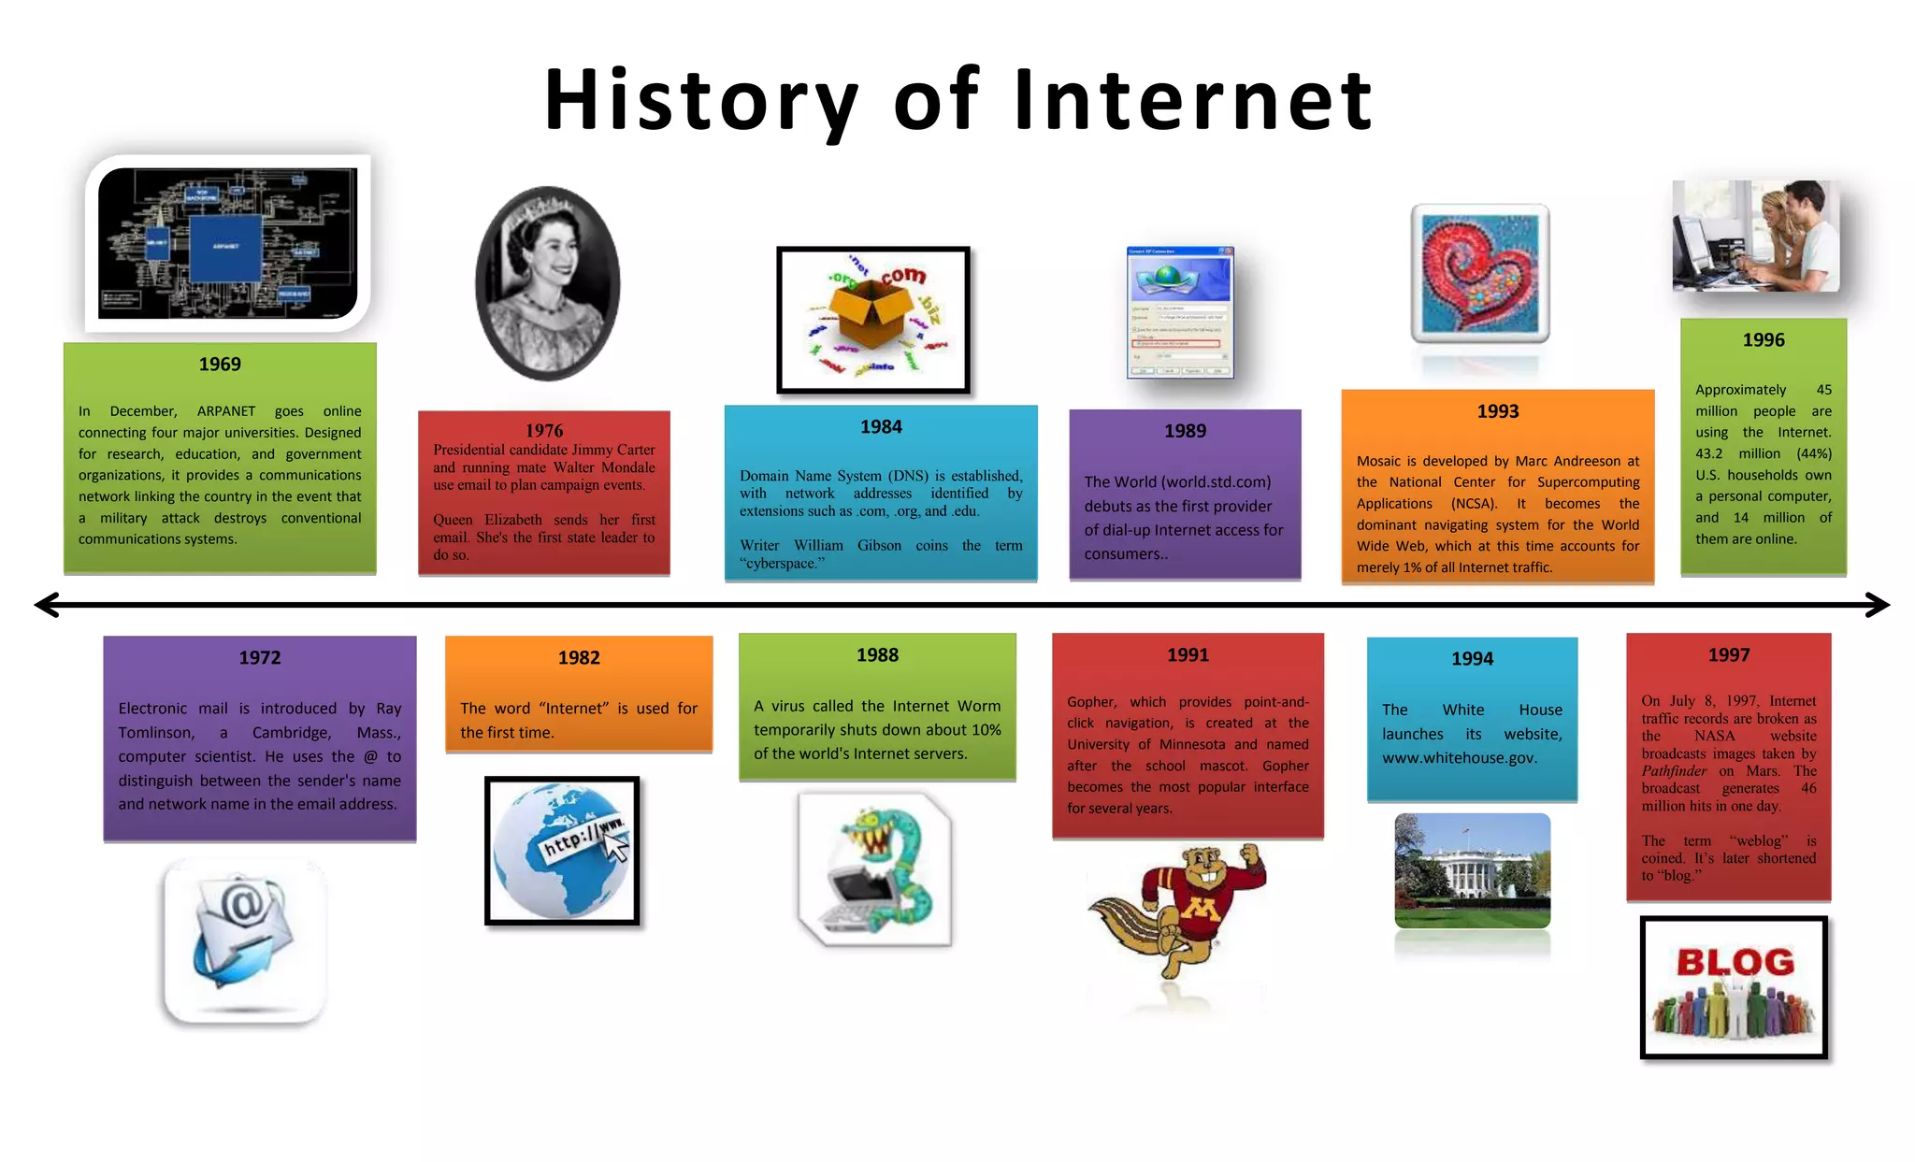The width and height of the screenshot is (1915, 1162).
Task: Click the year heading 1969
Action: pos(220,365)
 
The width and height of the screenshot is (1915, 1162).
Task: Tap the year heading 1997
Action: pos(1728,655)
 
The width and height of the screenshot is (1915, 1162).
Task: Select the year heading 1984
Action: pos(881,427)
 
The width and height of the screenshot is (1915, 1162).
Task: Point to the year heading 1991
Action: pos(1188,655)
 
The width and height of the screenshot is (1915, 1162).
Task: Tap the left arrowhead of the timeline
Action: pos(47,605)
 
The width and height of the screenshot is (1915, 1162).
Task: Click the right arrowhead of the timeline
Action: pos(1878,605)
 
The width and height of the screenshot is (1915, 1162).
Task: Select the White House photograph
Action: pos(1472,870)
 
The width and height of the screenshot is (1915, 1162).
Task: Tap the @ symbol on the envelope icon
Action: pos(243,905)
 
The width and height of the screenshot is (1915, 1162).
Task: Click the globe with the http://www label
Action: pos(562,851)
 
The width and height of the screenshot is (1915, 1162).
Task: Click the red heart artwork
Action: pos(1479,273)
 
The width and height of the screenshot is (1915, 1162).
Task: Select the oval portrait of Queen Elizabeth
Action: pos(547,283)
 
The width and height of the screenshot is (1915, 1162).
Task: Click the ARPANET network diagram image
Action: pos(227,243)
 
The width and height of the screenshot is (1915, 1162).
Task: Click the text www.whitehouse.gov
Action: pos(1460,758)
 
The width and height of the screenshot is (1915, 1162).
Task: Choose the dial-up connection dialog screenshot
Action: pos(1180,312)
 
